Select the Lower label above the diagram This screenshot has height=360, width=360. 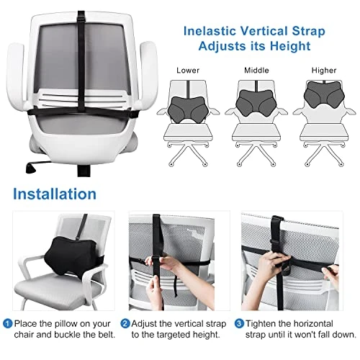(x=188, y=71)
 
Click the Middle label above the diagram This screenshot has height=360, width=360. (x=256, y=71)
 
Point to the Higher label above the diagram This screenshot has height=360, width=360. (x=324, y=71)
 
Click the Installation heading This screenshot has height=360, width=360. (x=55, y=194)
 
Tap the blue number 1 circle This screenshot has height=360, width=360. (x=8, y=323)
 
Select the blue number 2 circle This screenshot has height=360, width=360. (x=125, y=323)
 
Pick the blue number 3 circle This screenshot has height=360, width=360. (x=239, y=323)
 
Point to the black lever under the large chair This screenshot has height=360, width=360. (x=31, y=167)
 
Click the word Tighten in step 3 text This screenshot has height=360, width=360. (x=260, y=323)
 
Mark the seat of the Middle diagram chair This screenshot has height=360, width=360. (x=256, y=132)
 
